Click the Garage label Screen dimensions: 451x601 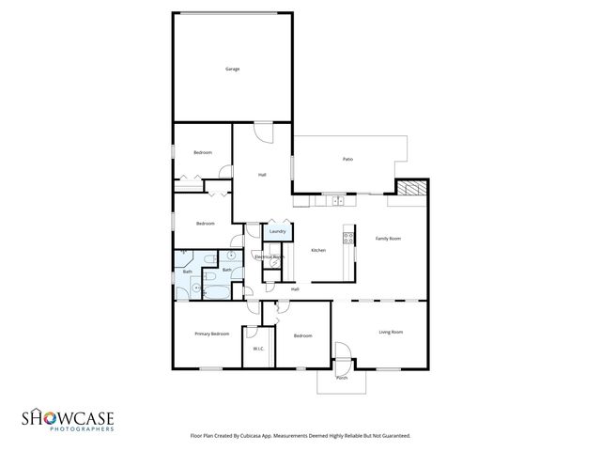click(232, 70)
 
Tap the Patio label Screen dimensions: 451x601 click(347, 159)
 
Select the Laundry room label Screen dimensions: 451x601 click(277, 231)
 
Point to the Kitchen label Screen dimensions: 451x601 click(318, 249)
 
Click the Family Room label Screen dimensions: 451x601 click(389, 239)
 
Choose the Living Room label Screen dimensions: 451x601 click(391, 332)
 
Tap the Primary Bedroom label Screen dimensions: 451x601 click(212, 334)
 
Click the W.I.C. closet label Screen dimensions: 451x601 click(258, 350)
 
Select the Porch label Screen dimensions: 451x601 click(342, 378)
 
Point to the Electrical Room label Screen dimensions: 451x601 click(270, 257)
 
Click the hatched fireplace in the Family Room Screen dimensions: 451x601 click(409, 189)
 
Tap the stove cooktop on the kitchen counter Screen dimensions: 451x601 click(348, 237)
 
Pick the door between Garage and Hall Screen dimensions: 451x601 click(265, 132)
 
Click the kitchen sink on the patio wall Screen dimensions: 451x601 click(333, 199)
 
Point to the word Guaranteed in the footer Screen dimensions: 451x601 click(394, 437)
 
